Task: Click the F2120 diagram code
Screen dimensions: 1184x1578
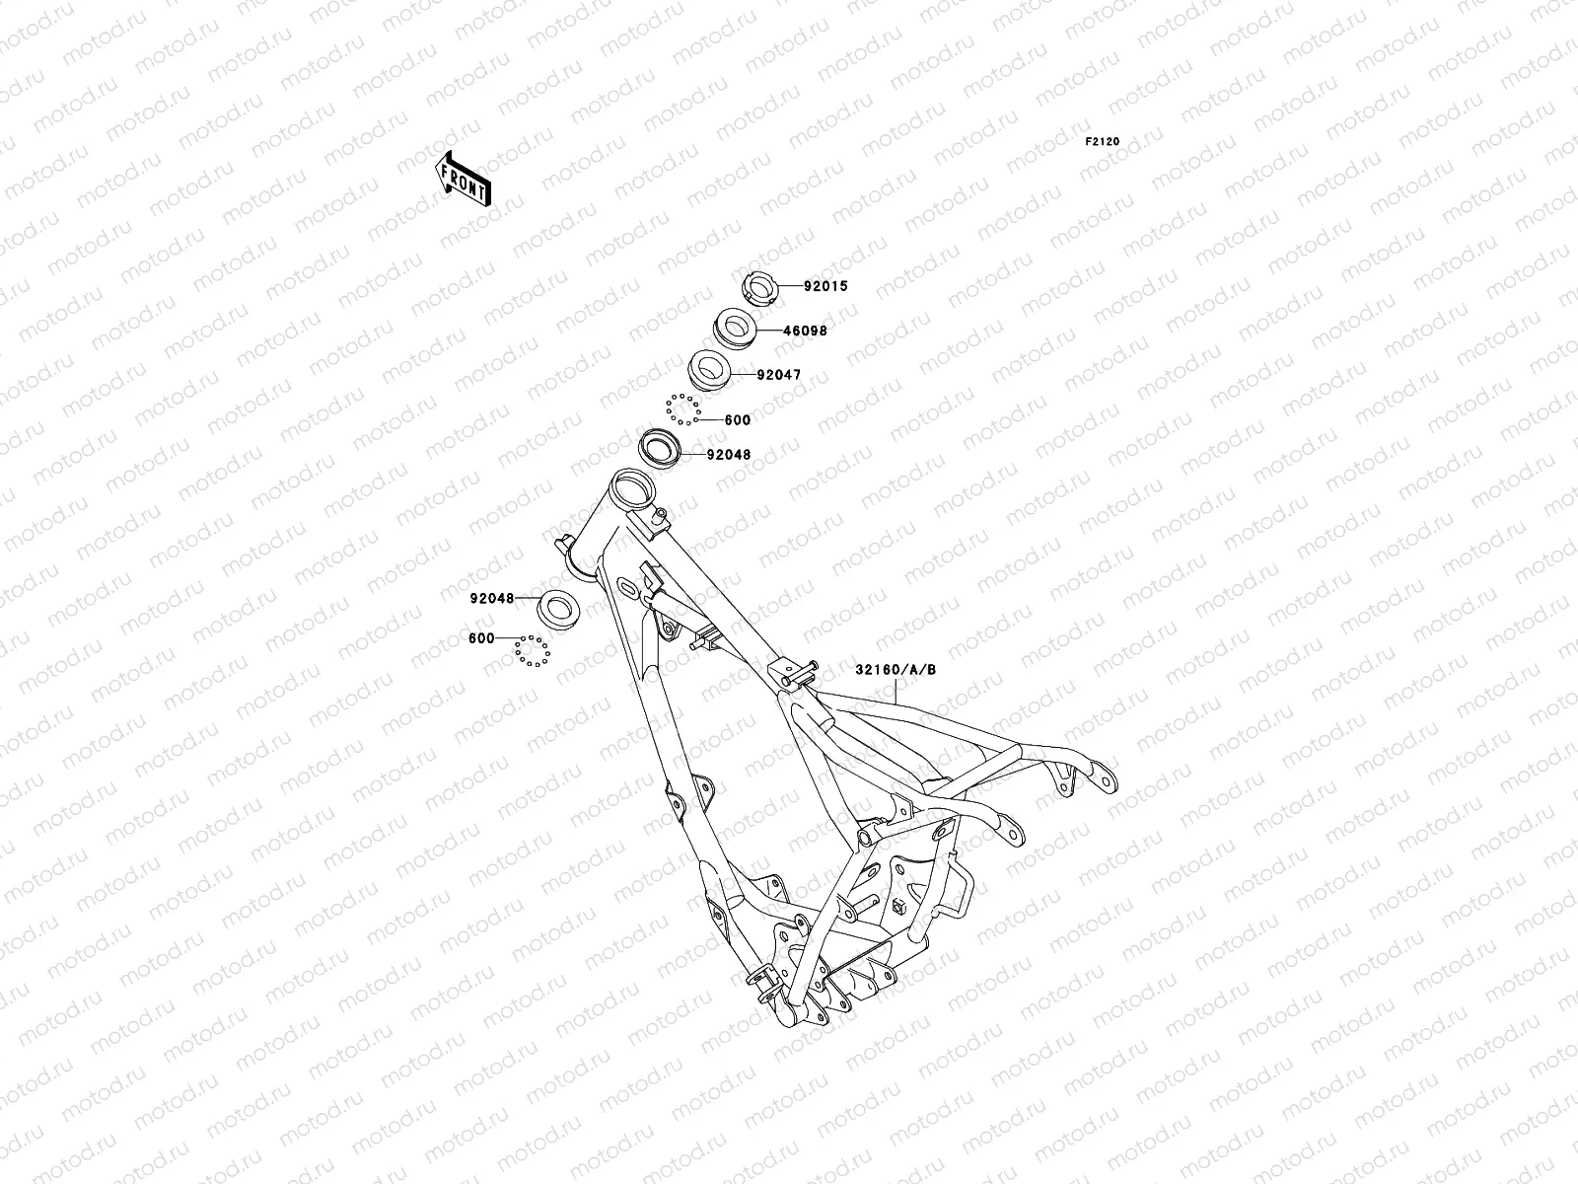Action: [x=1103, y=142]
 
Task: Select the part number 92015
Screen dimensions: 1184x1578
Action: [x=825, y=287]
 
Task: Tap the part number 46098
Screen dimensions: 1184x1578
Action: [x=805, y=331]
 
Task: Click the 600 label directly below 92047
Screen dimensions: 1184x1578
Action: [x=737, y=419]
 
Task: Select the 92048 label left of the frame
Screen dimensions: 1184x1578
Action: [x=492, y=597]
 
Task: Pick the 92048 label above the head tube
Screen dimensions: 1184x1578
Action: [x=728, y=455]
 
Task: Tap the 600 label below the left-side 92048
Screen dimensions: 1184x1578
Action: [x=481, y=638]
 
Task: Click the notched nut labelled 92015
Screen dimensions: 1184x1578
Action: [x=760, y=288]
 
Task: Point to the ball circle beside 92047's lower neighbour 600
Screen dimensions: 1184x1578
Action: [x=682, y=407]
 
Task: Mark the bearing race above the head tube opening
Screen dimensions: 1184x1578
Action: [x=661, y=447]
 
